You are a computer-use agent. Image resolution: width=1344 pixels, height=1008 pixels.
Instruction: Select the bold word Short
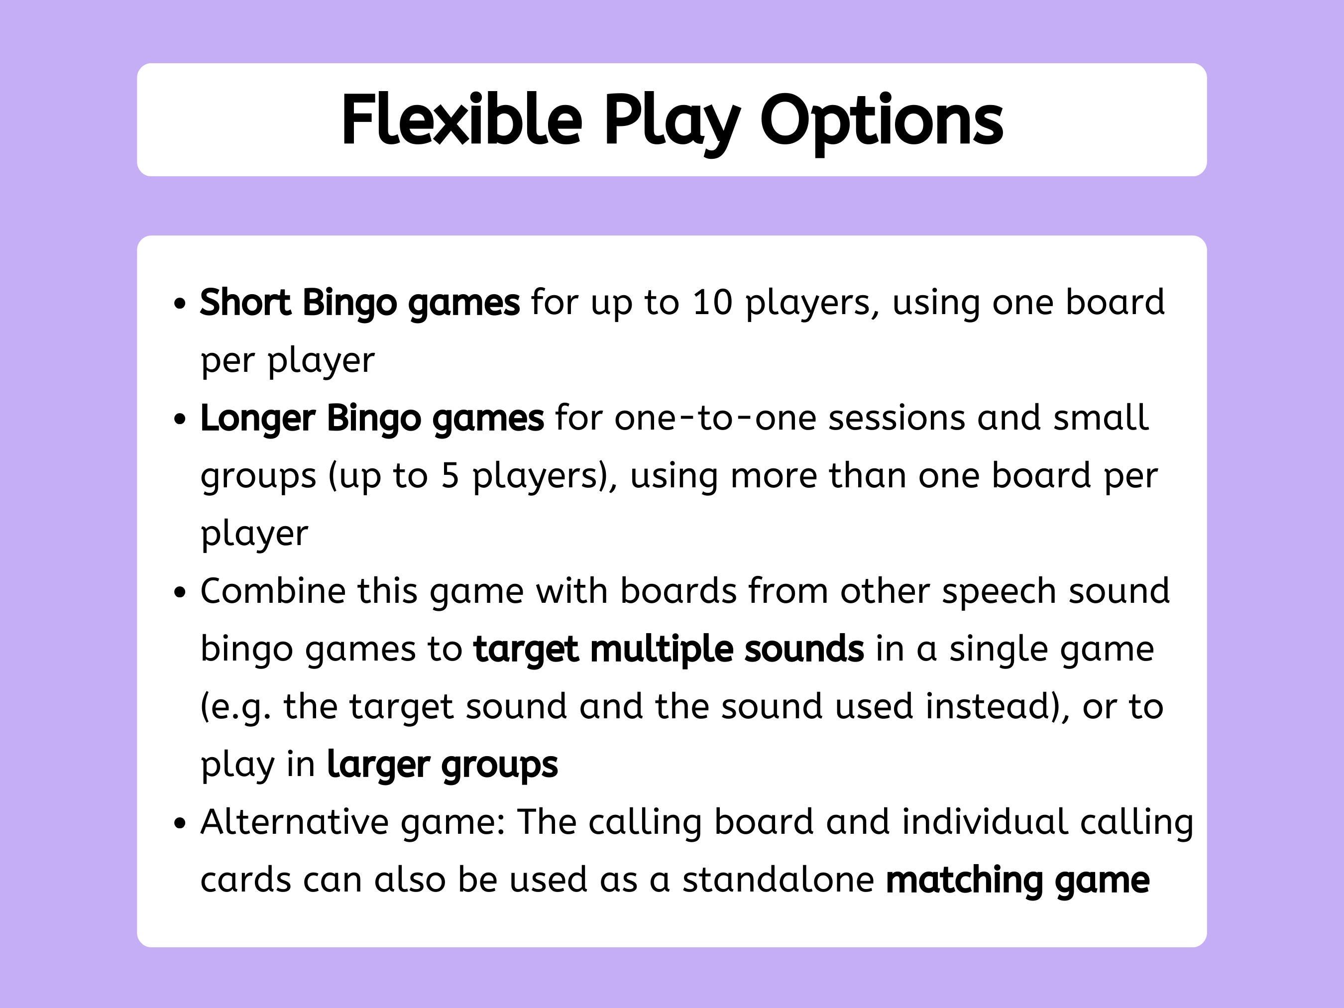click(x=245, y=302)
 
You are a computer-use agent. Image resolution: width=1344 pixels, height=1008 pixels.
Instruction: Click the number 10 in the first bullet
click(x=712, y=302)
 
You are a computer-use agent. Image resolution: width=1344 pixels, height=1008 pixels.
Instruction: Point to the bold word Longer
click(x=258, y=418)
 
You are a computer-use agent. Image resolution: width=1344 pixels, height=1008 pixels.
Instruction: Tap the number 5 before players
click(x=449, y=475)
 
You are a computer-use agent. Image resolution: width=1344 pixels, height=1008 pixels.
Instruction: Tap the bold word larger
click(x=378, y=765)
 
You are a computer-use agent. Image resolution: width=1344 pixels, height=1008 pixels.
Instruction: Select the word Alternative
click(x=294, y=822)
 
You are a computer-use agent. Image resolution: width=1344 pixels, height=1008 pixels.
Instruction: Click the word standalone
click(x=778, y=879)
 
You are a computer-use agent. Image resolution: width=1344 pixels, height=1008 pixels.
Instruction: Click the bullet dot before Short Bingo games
click(x=179, y=303)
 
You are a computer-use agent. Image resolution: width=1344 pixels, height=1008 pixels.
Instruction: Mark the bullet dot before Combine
click(x=179, y=592)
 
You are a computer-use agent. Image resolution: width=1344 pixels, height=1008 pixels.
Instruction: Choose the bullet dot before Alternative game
click(x=179, y=823)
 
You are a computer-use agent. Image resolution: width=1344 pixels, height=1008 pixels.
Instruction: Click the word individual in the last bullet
click(x=984, y=822)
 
